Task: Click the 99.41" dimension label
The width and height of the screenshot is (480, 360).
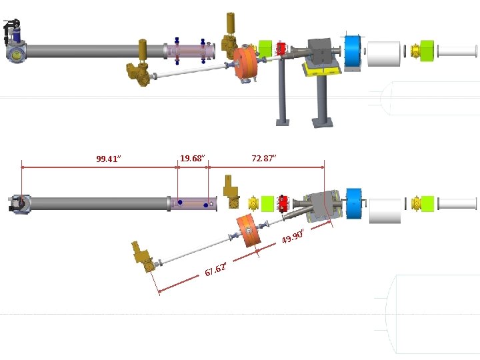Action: (x=107, y=159)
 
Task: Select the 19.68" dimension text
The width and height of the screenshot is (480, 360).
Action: (x=192, y=158)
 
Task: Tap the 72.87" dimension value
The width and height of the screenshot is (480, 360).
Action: (x=263, y=158)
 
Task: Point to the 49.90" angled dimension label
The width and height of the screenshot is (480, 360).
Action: (x=293, y=235)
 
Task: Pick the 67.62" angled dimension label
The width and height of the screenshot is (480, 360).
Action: (x=216, y=269)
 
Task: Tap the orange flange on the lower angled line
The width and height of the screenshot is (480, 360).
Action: (x=248, y=231)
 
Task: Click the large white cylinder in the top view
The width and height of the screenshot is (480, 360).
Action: (x=383, y=53)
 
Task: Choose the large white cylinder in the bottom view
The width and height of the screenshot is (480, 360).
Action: (x=384, y=211)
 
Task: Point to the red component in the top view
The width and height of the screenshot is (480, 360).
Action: (x=281, y=49)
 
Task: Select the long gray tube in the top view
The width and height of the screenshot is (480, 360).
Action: (x=93, y=51)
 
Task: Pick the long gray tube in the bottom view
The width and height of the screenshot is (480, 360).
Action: (x=97, y=203)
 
